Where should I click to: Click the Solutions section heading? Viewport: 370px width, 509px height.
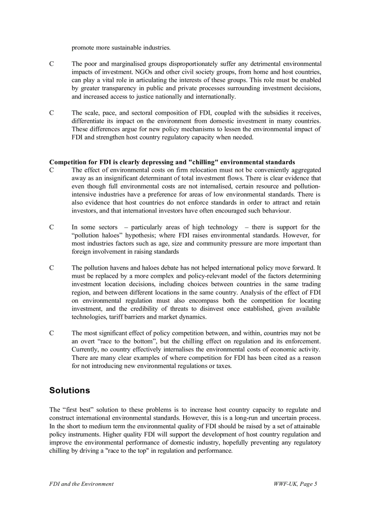click(x=69, y=390)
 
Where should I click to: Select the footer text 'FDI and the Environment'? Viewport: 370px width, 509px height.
click(x=81, y=484)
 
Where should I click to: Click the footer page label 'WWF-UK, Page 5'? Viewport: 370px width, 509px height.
click(x=295, y=484)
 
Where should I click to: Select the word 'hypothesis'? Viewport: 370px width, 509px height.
click(x=142, y=235)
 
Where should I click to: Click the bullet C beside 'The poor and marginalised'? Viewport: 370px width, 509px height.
click(x=52, y=64)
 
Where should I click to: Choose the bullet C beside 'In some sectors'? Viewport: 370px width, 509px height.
click(x=52, y=227)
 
